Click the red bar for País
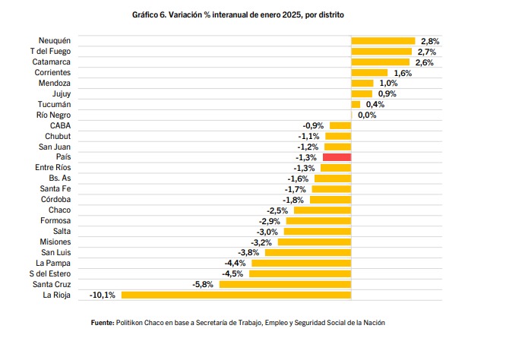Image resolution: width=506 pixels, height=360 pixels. pos(337,156)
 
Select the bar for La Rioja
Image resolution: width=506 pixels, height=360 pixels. pos(236,295)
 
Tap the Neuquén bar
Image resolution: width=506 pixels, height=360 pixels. pos(383,40)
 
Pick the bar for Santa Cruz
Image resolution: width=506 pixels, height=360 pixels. pos(285,284)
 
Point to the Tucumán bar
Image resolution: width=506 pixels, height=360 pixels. pos(356,104)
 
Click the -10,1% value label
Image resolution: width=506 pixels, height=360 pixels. pos(103,295)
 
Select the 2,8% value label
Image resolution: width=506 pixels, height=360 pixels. pos(430,41)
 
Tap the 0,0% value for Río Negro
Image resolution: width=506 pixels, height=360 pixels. pos(367,115)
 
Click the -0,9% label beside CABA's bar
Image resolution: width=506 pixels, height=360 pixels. pos(313,125)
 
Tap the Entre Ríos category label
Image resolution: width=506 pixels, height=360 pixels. pos(53,167)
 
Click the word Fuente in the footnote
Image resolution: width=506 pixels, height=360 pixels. pos(102,323)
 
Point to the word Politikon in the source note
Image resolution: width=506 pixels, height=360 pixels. pos(133,323)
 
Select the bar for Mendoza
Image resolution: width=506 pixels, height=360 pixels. pos(362,83)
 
